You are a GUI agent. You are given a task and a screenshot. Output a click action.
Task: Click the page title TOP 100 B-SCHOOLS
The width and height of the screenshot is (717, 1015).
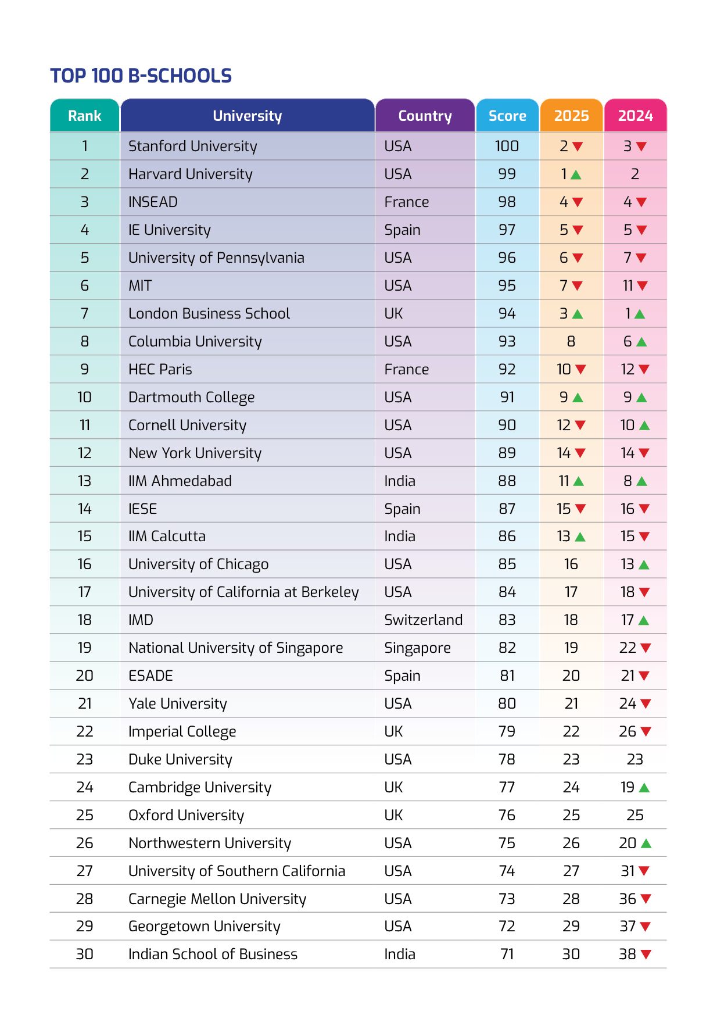141,76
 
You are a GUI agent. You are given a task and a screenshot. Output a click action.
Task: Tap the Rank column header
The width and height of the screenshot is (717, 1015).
85,116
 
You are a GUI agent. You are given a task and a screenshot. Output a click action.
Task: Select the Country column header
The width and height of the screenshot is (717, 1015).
425,116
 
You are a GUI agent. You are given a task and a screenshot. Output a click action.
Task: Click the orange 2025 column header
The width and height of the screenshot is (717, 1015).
571,116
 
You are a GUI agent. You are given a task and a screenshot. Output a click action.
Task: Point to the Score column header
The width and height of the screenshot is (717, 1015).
507,116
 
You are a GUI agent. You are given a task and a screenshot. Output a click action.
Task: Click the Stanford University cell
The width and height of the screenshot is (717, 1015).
192,146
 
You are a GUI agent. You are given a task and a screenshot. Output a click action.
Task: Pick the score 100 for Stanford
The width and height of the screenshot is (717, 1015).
507,146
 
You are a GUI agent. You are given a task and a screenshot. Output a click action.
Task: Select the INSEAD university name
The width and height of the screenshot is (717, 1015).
153,202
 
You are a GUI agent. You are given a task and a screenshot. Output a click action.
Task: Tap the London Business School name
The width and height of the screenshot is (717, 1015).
209,313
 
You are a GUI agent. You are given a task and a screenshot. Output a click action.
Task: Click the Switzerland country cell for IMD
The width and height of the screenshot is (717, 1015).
423,620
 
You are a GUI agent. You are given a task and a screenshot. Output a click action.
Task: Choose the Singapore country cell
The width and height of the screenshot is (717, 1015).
417,648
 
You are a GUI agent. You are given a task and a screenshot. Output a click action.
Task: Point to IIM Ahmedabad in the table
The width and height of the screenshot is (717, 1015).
180,481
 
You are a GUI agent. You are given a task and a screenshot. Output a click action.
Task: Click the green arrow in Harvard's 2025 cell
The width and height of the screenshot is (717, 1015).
576,174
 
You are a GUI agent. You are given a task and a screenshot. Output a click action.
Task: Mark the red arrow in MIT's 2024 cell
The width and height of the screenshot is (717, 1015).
642,286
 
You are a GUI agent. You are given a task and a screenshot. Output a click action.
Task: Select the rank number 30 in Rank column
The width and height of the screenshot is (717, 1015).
85,954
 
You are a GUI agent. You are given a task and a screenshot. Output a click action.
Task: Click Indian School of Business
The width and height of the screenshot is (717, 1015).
213,954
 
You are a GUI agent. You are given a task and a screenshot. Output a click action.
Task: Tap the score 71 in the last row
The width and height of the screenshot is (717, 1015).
507,954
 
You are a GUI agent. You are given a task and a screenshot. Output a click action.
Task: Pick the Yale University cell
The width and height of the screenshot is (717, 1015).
177,703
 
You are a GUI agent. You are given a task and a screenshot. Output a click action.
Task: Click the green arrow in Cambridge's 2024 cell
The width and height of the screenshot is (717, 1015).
644,788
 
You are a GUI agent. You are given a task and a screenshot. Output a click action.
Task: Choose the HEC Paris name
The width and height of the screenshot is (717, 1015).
160,369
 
